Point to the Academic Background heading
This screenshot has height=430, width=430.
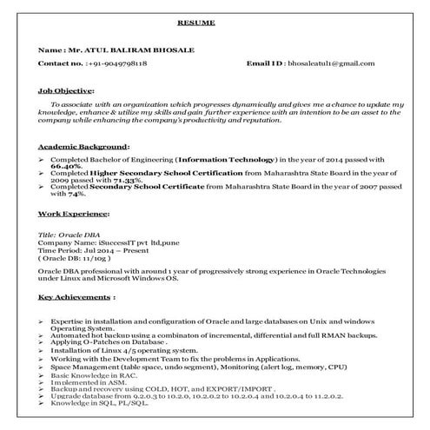(83, 147)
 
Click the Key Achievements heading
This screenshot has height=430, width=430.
(76, 297)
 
